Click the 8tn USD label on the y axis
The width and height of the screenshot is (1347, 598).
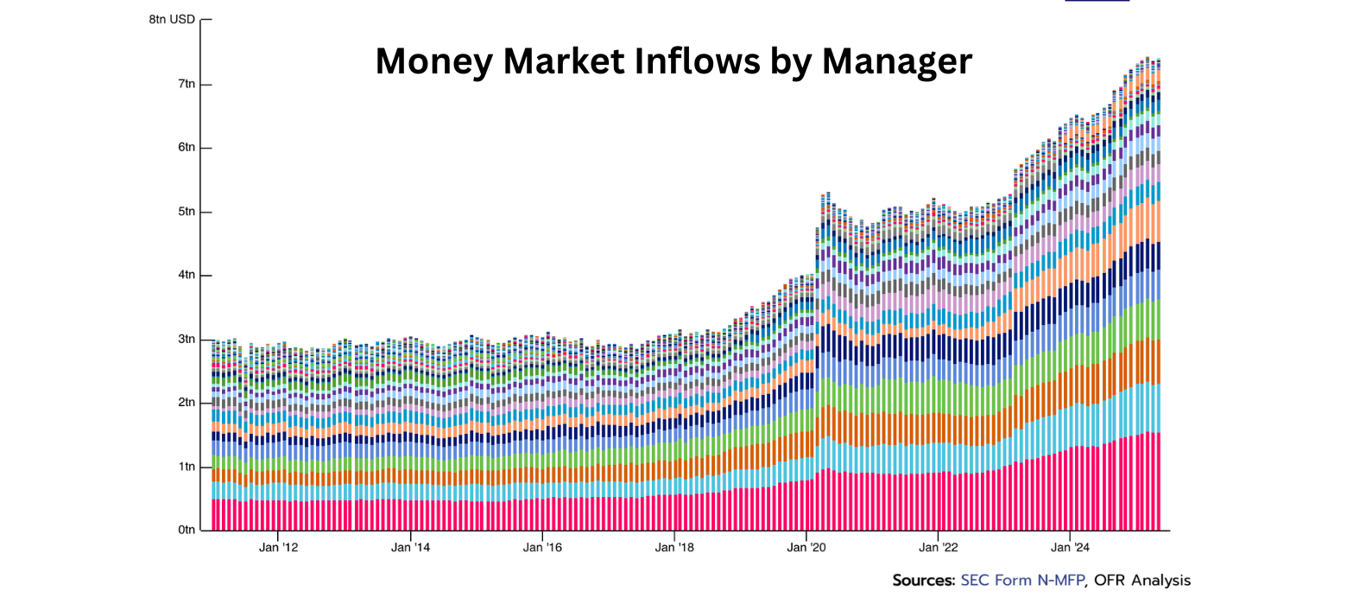click(172, 19)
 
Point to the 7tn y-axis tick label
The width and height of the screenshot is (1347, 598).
click(187, 84)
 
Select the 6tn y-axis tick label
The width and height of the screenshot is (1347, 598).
click(187, 148)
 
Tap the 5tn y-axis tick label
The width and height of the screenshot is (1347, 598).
click(187, 212)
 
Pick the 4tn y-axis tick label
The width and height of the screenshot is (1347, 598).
click(187, 276)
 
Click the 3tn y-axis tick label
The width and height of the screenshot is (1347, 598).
click(187, 340)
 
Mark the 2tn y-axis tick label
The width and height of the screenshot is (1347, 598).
click(187, 403)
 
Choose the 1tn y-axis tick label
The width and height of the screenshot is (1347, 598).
click(187, 467)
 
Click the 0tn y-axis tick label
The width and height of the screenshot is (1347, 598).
click(187, 530)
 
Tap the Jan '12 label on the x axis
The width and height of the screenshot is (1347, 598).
click(278, 547)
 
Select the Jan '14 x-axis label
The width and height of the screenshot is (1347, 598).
click(410, 547)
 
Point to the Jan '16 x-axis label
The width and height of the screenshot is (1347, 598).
click(542, 547)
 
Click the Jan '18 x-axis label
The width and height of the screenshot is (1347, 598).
click(674, 547)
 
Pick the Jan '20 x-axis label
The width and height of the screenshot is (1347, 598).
click(806, 547)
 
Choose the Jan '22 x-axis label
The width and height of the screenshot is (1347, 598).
click(939, 547)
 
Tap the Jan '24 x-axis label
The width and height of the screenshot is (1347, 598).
click(1071, 547)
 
